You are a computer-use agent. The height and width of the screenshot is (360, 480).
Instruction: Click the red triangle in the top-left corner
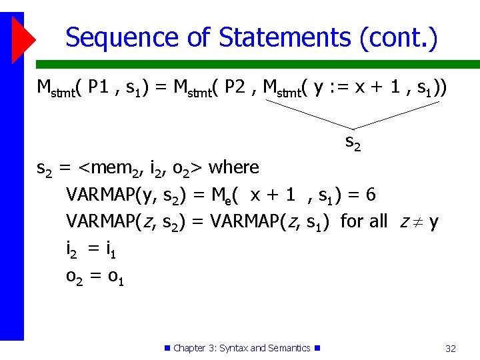(x=22, y=37)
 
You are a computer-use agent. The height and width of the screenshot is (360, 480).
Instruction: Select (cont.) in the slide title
(x=399, y=37)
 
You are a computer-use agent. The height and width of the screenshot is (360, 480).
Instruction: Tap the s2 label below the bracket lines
(x=353, y=141)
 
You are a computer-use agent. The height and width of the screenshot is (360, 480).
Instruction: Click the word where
(x=234, y=167)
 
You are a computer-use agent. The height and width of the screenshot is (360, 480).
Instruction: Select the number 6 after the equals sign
(x=371, y=195)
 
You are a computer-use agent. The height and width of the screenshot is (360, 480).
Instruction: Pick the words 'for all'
(x=363, y=221)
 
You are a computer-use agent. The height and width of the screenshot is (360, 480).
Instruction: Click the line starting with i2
(x=92, y=249)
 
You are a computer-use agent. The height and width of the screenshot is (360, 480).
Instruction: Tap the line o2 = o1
(x=95, y=276)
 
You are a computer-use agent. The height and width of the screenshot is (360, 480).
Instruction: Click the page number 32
(x=450, y=348)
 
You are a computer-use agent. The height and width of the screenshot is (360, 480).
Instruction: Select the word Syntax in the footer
(x=233, y=348)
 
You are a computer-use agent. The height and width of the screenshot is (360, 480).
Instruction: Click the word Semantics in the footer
(x=289, y=348)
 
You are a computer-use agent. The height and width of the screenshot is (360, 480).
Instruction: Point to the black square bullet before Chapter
(x=167, y=348)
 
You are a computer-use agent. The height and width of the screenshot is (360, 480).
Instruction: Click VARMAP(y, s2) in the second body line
(x=122, y=195)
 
